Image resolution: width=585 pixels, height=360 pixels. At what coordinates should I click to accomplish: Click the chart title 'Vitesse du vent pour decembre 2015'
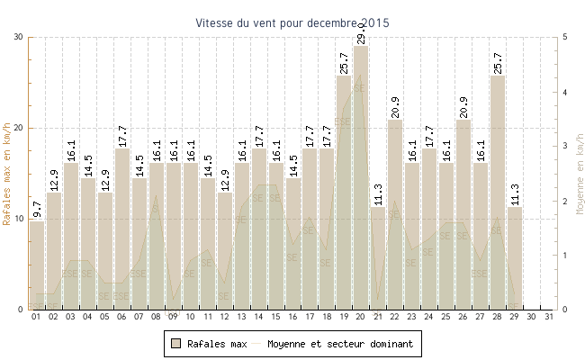coord(292,22)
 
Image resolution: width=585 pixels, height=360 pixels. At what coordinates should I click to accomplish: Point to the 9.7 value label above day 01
coord(37,210)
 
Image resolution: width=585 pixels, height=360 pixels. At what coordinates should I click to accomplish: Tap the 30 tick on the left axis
coord(19,38)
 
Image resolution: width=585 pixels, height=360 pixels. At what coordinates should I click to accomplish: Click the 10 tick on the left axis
coord(19,219)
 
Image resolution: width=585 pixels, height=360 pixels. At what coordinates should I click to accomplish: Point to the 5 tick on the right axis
coord(565,38)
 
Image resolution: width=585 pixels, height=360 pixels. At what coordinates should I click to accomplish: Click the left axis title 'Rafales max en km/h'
coord(8,174)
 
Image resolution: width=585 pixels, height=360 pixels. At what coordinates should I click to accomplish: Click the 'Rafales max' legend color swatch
coord(177,344)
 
